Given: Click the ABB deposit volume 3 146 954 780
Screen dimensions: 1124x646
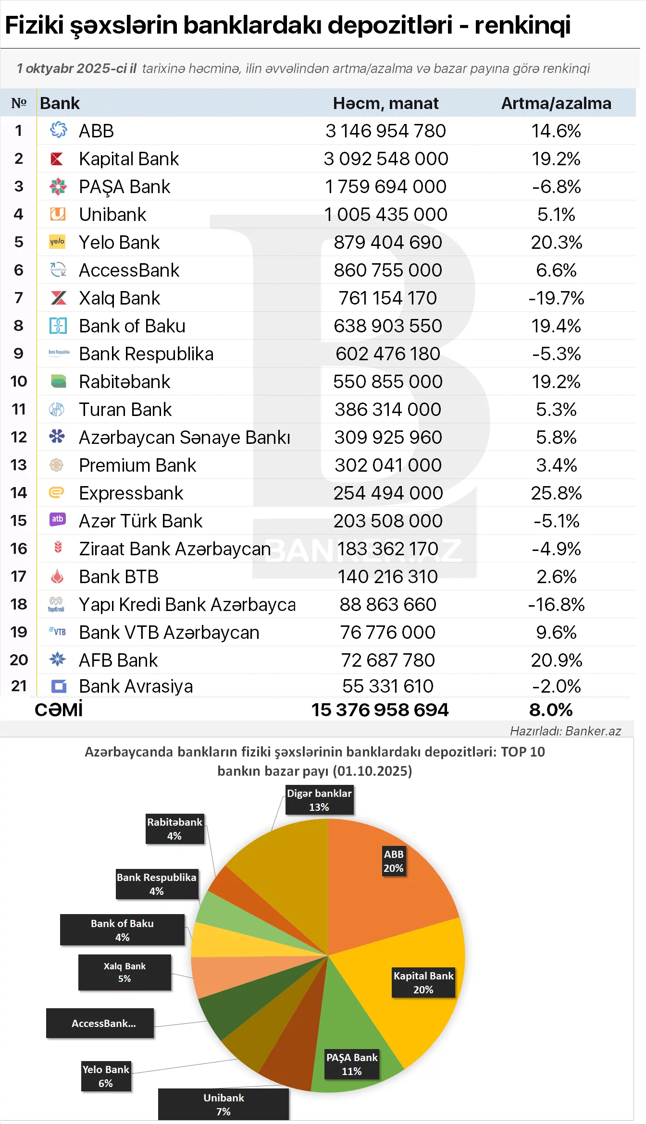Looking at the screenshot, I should click(x=385, y=131).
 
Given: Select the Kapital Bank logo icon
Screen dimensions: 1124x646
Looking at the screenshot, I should click(x=57, y=159).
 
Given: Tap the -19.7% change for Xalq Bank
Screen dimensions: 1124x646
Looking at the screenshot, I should click(x=556, y=298).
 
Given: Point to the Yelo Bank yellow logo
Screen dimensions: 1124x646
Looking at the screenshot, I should click(x=57, y=242).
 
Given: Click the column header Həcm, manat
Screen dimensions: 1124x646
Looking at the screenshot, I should click(x=385, y=103).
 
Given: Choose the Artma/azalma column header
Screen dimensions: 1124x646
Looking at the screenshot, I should click(x=556, y=103).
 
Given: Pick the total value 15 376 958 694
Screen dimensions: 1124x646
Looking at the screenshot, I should click(x=380, y=710).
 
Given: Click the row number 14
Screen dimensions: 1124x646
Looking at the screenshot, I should click(x=19, y=493).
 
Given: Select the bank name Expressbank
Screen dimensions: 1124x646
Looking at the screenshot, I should click(x=131, y=493).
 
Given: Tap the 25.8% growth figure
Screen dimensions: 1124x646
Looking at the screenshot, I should click(x=556, y=493).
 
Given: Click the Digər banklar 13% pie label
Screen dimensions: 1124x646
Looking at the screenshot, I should click(x=319, y=800).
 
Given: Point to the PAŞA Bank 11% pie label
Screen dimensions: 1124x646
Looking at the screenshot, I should click(x=352, y=1064).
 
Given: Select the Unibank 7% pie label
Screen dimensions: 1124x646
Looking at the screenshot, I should click(x=224, y=1104).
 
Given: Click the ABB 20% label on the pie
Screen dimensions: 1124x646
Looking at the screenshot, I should click(x=394, y=861).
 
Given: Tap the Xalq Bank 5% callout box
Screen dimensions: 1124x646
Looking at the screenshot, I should click(x=124, y=972).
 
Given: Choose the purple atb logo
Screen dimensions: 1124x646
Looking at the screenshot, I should click(x=58, y=519).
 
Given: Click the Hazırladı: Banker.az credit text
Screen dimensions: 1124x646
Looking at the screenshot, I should click(x=565, y=731).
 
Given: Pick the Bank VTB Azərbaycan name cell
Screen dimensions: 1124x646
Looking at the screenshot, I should click(x=169, y=633).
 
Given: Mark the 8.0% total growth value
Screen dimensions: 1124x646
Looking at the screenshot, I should click(x=551, y=710).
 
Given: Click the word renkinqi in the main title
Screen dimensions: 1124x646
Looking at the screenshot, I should click(x=522, y=25).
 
